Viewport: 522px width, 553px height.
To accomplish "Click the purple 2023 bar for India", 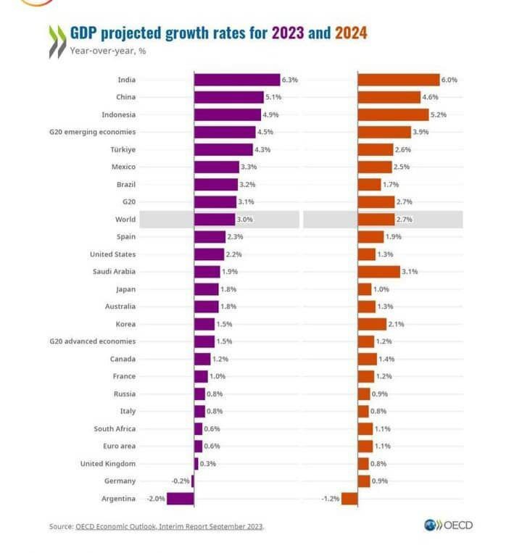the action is tap(237, 80).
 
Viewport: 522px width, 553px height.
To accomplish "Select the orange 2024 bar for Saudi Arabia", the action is tap(378, 272).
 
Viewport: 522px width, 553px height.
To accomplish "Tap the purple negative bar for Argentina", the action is tap(181, 499).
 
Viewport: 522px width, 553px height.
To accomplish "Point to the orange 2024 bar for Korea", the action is tap(372, 324).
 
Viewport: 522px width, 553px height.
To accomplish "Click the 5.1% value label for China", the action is tap(273, 97).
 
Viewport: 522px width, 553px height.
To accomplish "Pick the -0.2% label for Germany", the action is tap(181, 481).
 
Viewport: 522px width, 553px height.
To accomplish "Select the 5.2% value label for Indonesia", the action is tap(439, 115).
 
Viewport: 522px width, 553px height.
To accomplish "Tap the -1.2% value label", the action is tap(331, 499).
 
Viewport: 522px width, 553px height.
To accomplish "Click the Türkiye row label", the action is tap(123, 149).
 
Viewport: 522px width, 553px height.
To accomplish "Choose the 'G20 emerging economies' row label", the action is tap(92, 132).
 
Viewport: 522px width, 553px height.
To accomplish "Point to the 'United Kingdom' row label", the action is tap(108, 464).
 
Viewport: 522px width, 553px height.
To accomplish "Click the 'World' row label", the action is tap(125, 220).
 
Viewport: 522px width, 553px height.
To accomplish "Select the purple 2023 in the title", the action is tap(287, 33).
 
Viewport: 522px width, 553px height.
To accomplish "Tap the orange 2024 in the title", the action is tap(351, 33).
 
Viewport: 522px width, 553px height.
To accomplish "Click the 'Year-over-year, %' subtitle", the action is tap(108, 51).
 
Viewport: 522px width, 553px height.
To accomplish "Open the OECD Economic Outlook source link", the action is tap(169, 527).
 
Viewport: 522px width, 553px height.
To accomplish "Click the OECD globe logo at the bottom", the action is tap(431, 525).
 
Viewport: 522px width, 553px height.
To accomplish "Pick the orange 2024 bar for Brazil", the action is tap(369, 184).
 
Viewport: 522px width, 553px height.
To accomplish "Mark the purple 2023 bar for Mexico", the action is tap(217, 167).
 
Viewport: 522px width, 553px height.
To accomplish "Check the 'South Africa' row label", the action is tap(115, 429).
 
